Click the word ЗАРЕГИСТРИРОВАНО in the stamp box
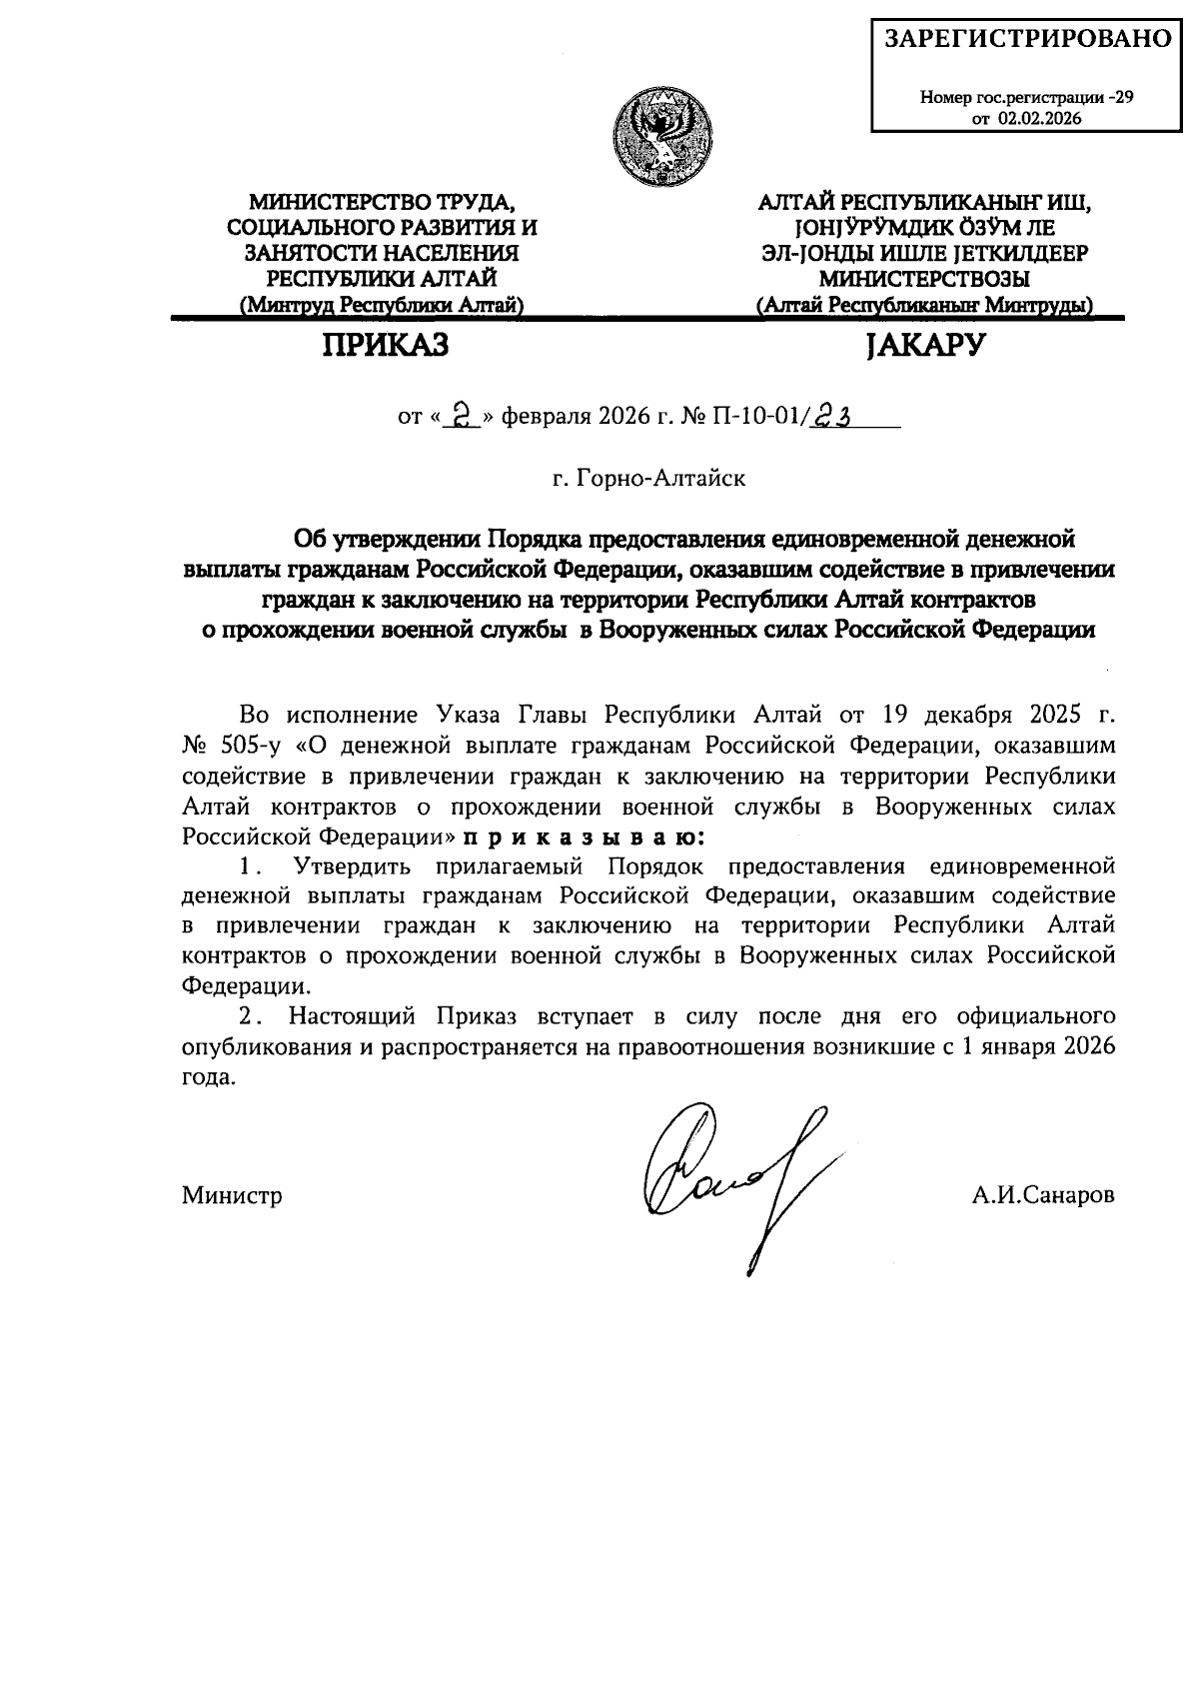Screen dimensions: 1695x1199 pyautogui.click(x=1027, y=39)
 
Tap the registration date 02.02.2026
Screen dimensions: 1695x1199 pyautogui.click(x=1039, y=118)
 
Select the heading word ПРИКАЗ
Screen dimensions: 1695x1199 pyautogui.click(x=386, y=346)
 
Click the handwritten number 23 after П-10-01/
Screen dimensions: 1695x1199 pyautogui.click(x=830, y=413)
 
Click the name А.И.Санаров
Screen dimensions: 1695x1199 pyautogui.click(x=1043, y=1195)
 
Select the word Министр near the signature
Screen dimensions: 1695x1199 pyautogui.click(x=232, y=1195)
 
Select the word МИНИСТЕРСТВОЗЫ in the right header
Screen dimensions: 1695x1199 pyautogui.click(x=925, y=279)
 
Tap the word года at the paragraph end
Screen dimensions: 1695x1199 pyautogui.click(x=209, y=1077)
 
